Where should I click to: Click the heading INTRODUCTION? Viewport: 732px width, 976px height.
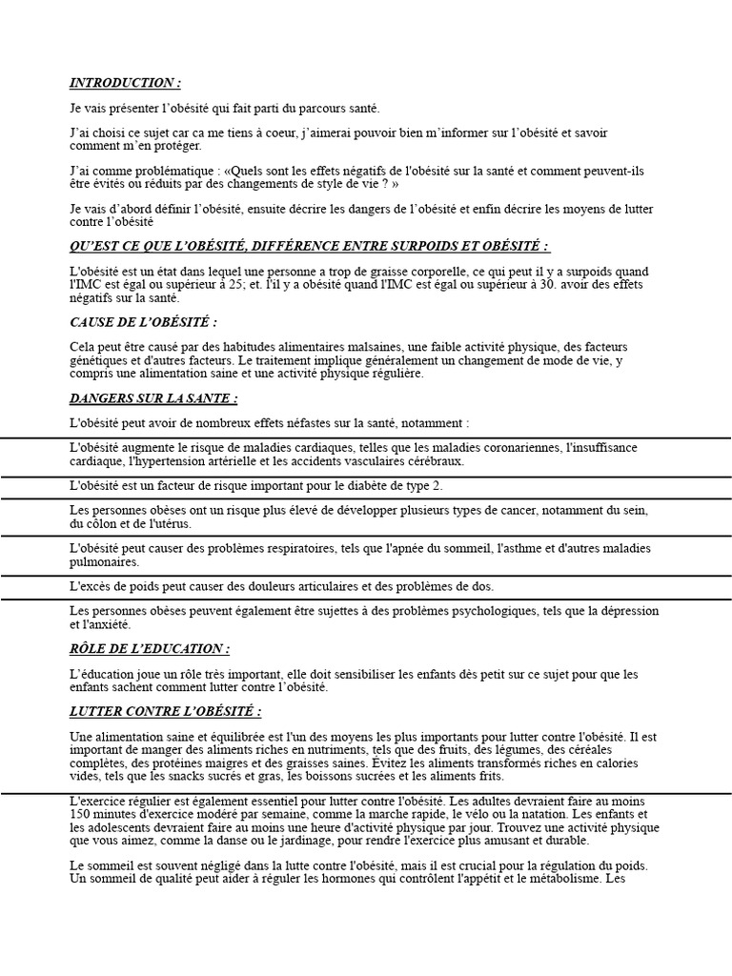coord(125,83)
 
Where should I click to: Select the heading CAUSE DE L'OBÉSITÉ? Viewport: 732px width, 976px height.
coord(144,322)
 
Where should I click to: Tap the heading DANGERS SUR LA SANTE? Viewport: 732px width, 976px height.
coord(153,397)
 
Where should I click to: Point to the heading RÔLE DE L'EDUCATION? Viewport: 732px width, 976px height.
coord(150,649)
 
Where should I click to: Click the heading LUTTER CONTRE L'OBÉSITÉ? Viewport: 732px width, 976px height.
coord(166,711)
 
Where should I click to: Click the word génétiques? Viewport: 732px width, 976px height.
coord(100,360)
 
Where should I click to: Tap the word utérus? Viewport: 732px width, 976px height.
coord(173,523)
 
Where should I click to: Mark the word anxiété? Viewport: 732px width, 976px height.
coord(109,624)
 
